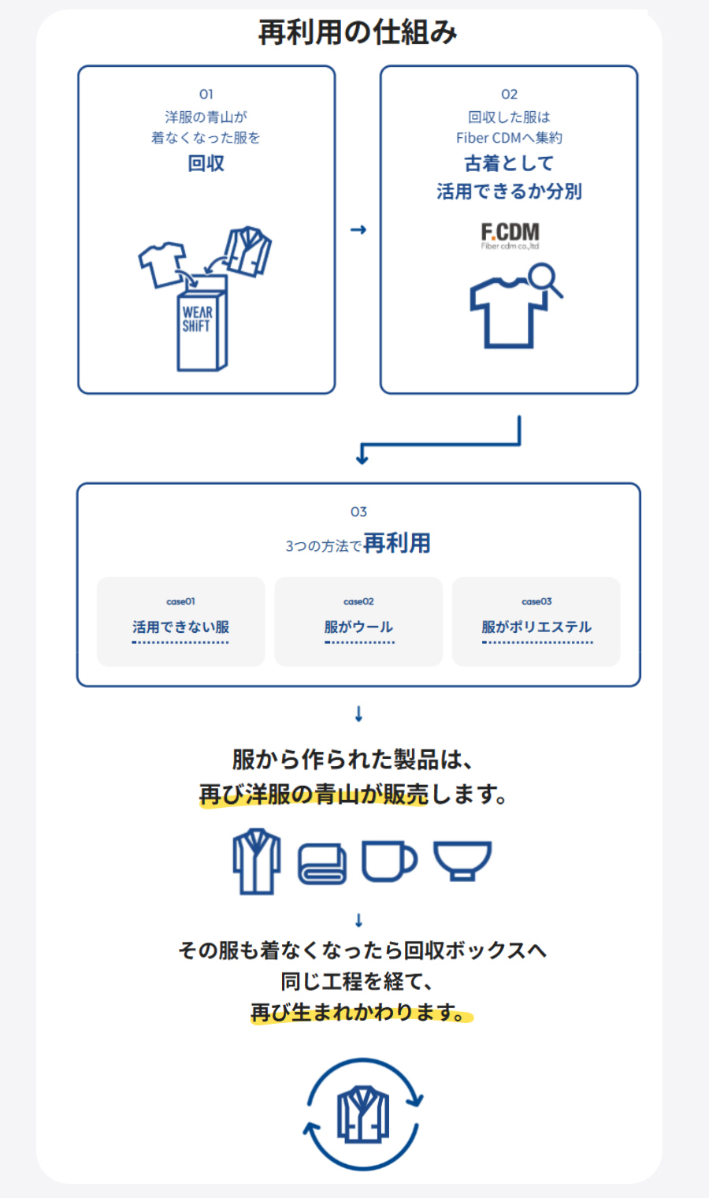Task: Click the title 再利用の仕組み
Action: click(x=357, y=32)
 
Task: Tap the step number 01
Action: click(x=206, y=95)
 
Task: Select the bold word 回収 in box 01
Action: click(x=206, y=163)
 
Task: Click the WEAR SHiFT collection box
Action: click(x=202, y=323)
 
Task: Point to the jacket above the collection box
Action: click(x=247, y=251)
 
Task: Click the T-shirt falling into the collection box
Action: click(x=162, y=264)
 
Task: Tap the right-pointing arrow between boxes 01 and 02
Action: click(x=358, y=230)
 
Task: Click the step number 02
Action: click(x=509, y=95)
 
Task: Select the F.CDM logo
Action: click(x=510, y=236)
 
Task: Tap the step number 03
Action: click(x=358, y=512)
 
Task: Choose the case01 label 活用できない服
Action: click(x=180, y=627)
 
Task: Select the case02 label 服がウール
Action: click(x=358, y=627)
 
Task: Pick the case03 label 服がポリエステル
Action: click(x=536, y=627)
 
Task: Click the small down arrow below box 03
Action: click(x=358, y=713)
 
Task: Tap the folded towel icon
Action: click(x=322, y=864)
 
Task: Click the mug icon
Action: click(x=389, y=861)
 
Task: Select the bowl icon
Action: click(x=462, y=861)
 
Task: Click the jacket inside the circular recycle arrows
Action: click(x=363, y=1115)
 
